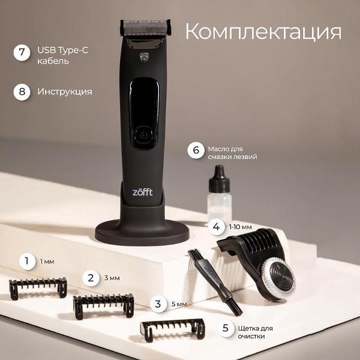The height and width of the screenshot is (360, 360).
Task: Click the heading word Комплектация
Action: click(263, 32)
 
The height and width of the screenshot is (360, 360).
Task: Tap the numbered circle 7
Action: click(22, 53)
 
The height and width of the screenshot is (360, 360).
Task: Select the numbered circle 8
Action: click(22, 92)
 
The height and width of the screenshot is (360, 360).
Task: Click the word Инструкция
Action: click(65, 92)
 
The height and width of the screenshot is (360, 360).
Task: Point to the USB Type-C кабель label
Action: click(62, 56)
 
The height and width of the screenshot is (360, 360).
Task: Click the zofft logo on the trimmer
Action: click(143, 192)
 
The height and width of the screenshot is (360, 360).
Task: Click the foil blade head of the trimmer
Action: click(145, 28)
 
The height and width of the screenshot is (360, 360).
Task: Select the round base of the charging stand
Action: click(142, 232)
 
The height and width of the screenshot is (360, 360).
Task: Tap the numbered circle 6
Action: click(196, 151)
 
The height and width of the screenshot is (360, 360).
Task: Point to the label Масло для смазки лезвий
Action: click(232, 153)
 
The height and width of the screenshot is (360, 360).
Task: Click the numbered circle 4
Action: click(216, 227)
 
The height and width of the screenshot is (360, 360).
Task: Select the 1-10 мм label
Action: click(240, 227)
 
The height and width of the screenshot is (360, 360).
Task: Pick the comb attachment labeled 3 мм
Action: click(104, 306)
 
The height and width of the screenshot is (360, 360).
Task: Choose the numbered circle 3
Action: click(158, 304)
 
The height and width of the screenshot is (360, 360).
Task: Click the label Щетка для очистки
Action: click(256, 332)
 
